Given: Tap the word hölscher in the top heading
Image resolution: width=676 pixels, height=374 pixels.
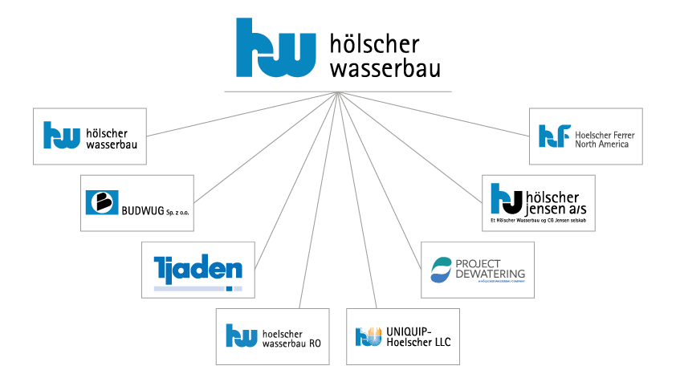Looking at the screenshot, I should click(374, 43).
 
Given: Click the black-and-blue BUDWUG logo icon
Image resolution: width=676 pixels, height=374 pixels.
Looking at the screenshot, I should click(102, 203).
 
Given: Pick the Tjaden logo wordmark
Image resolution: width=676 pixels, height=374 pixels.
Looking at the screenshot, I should click(198, 266).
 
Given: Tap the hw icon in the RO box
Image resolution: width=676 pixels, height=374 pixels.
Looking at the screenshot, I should click(241, 335).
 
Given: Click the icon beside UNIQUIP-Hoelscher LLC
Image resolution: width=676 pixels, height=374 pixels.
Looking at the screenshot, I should click(368, 335).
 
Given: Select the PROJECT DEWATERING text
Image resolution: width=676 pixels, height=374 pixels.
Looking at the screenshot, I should click(490, 269).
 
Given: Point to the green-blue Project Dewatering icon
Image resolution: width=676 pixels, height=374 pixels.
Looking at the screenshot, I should click(442, 269).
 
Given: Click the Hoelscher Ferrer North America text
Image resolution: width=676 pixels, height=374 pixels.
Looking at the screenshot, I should click(605, 140).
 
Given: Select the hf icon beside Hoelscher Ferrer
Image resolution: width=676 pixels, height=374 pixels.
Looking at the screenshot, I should click(555, 136).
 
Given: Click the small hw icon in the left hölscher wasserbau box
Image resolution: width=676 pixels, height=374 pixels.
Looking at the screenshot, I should click(61, 135).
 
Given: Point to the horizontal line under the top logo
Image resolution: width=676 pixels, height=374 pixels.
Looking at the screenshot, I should click(337, 91).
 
